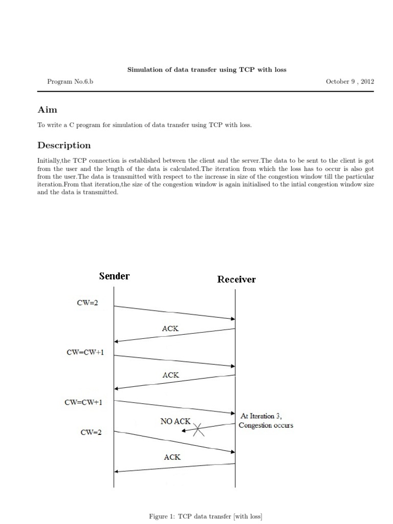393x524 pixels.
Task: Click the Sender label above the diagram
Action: point(114,276)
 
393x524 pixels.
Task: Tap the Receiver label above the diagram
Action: point(236,279)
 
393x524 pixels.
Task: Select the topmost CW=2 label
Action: point(88,303)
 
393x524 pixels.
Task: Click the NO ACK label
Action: point(175,422)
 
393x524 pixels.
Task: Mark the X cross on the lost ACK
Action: point(199,429)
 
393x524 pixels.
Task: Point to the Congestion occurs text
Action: point(266,425)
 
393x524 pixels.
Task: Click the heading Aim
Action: point(48,110)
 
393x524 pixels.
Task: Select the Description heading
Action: point(64,145)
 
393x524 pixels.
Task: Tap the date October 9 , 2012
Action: point(350,81)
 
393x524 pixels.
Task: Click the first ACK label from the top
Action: point(170,329)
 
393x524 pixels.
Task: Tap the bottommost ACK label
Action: point(172,457)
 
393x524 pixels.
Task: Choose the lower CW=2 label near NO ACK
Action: point(91,432)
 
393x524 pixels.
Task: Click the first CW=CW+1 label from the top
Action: point(84,353)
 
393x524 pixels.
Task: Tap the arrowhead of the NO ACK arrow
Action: point(185,432)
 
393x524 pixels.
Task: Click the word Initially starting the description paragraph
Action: point(49,161)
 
